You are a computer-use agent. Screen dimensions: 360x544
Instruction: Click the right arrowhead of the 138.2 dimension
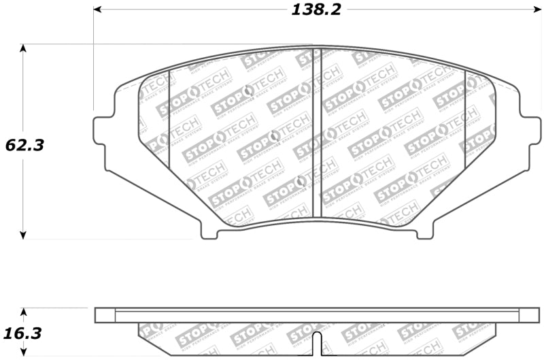[534, 10]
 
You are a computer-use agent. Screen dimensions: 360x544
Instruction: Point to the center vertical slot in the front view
[316, 133]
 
